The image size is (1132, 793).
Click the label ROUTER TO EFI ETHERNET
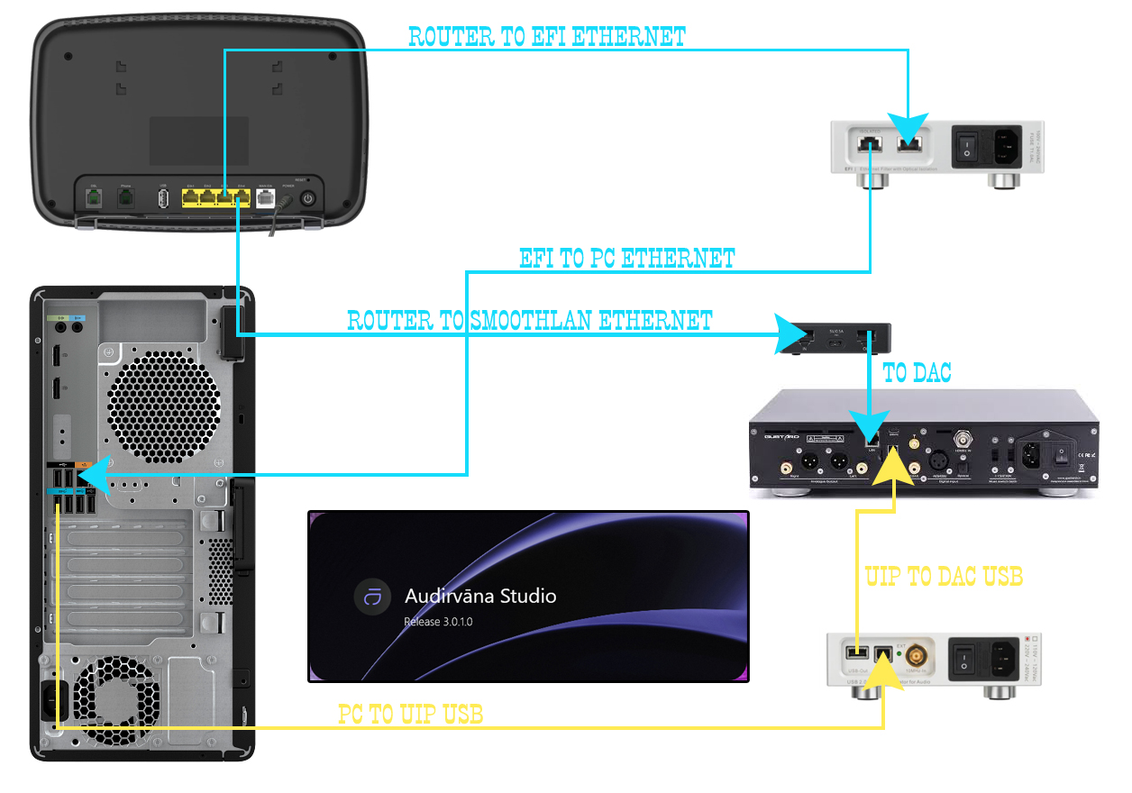[547, 37]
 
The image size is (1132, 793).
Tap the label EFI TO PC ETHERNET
[627, 260]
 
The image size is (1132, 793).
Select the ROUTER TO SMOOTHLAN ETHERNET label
[530, 321]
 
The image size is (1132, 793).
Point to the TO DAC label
[917, 373]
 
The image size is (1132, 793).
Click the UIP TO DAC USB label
[944, 577]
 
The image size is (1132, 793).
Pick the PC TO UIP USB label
[411, 716]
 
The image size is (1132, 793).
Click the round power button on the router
[308, 199]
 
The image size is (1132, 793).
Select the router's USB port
[163, 199]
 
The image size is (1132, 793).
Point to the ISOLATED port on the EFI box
[870, 143]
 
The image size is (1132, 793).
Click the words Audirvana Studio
[480, 596]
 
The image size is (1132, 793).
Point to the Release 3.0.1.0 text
[438, 622]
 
